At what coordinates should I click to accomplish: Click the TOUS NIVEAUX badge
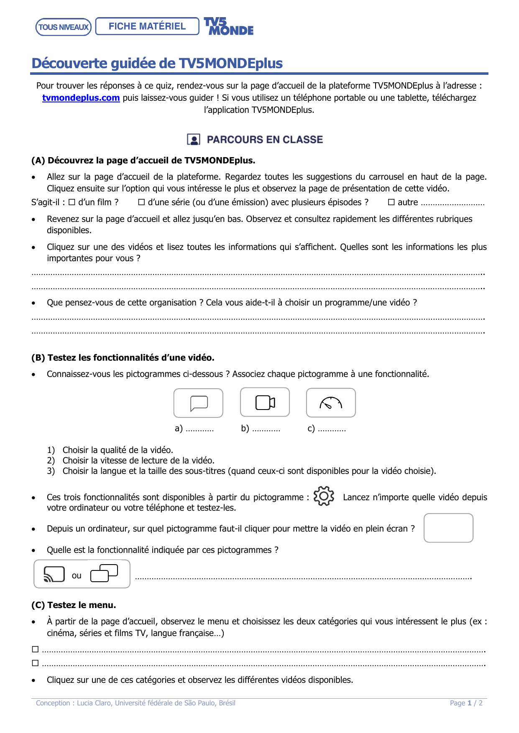(x=64, y=27)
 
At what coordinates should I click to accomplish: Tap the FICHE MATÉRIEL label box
(x=147, y=26)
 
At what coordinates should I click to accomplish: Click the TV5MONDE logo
(x=228, y=26)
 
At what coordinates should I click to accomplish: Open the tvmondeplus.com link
(x=81, y=98)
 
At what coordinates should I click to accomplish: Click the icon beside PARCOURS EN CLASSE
(x=193, y=140)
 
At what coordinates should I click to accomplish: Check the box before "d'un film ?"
(x=72, y=202)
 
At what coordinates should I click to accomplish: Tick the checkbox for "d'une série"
(x=141, y=202)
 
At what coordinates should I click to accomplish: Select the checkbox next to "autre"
(x=391, y=202)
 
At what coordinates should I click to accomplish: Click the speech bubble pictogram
(x=199, y=403)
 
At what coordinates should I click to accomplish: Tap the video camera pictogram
(x=265, y=402)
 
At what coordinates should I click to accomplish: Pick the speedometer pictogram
(x=331, y=403)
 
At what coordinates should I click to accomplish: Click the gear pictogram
(x=324, y=496)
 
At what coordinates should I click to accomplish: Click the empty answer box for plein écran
(x=448, y=528)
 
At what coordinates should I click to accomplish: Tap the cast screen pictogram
(x=54, y=574)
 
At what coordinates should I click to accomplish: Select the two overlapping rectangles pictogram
(x=104, y=573)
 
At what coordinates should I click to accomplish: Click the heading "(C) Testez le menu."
(x=74, y=605)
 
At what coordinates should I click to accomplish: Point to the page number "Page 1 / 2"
(x=466, y=703)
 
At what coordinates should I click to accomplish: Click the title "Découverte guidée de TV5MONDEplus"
(x=157, y=63)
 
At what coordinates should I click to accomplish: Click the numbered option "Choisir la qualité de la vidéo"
(x=118, y=450)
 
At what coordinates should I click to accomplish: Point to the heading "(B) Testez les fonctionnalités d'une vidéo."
(x=123, y=358)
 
